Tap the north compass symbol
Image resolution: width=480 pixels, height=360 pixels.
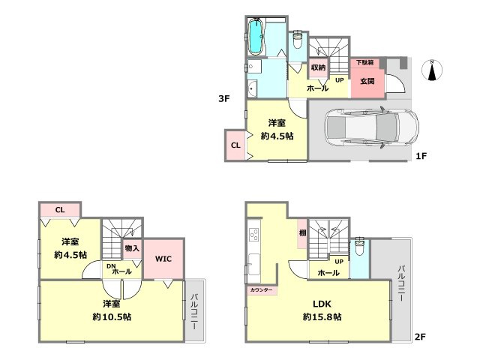click(x=432, y=70)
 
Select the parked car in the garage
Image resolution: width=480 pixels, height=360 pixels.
click(x=372, y=127)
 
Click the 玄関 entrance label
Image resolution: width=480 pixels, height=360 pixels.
click(x=367, y=81)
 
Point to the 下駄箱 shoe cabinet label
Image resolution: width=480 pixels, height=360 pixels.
click(x=364, y=62)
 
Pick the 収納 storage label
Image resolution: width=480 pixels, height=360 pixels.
click(x=318, y=67)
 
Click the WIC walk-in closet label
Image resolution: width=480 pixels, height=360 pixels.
click(x=163, y=259)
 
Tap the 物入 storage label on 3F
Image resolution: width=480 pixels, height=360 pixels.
click(x=132, y=248)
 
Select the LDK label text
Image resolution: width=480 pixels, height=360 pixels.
click(x=322, y=304)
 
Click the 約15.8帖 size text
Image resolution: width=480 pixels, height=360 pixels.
click(x=322, y=316)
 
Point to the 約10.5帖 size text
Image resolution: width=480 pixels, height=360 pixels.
click(x=112, y=316)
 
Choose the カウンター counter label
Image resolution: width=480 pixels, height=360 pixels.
click(x=261, y=290)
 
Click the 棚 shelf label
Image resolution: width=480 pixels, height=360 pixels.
click(x=302, y=233)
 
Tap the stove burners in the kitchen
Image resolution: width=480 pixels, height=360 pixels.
click(x=254, y=235)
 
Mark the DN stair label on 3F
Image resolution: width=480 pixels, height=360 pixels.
click(x=111, y=266)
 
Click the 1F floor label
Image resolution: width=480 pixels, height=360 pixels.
click(x=421, y=156)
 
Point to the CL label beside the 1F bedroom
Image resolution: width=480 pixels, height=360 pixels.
click(x=235, y=145)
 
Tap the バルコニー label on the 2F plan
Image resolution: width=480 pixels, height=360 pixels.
click(x=402, y=283)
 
